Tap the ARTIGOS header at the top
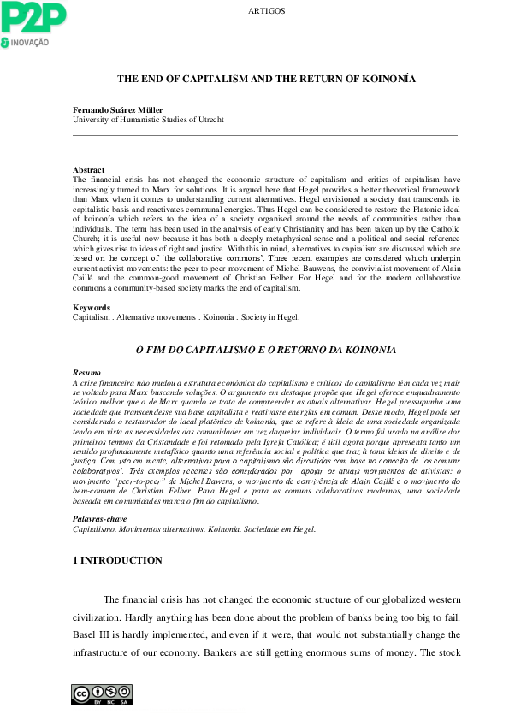tap(266, 11)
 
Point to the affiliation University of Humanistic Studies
tap(148, 120)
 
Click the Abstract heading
tap(89, 170)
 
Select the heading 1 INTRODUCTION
tap(117, 561)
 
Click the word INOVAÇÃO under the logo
tap(30, 43)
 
